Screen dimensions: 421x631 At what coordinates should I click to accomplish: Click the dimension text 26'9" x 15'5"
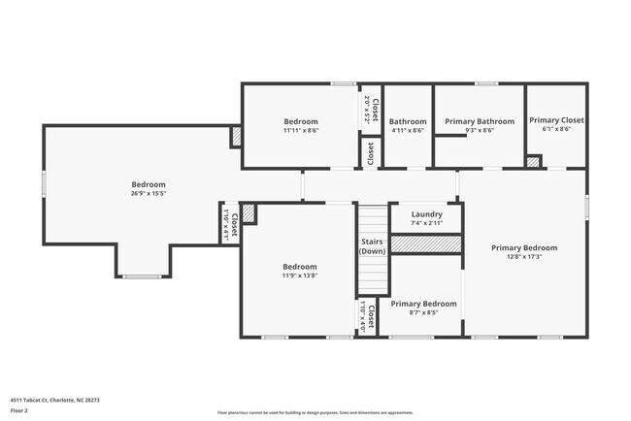pyautogui.click(x=149, y=194)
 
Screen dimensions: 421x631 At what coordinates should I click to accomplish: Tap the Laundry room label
pyautogui.click(x=426, y=214)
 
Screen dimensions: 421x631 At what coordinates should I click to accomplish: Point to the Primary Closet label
pyautogui.click(x=556, y=121)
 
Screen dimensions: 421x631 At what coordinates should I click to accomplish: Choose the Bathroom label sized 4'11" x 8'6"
pyautogui.click(x=408, y=121)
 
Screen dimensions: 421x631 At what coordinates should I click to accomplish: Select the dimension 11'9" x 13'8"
pyautogui.click(x=300, y=276)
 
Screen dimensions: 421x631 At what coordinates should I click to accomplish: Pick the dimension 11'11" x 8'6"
pyautogui.click(x=301, y=130)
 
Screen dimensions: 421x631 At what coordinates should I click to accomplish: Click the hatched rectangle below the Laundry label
pyautogui.click(x=425, y=245)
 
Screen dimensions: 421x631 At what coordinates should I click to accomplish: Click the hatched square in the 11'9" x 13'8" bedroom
pyautogui.click(x=249, y=212)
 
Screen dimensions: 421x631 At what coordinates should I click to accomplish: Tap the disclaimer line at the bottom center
pyautogui.click(x=315, y=412)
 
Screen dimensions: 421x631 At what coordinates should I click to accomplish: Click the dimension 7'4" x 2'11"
pyautogui.click(x=426, y=223)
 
